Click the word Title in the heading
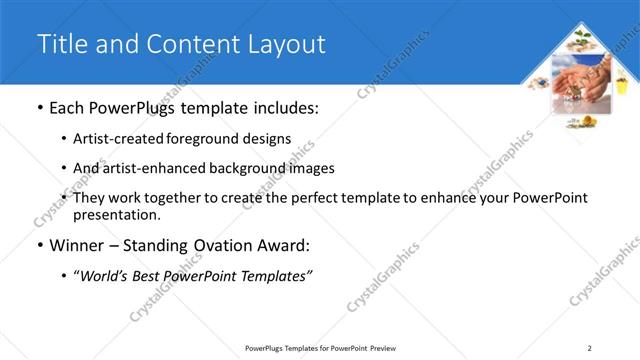coord(59,44)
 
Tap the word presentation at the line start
coord(115,214)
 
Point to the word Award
coord(282,245)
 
